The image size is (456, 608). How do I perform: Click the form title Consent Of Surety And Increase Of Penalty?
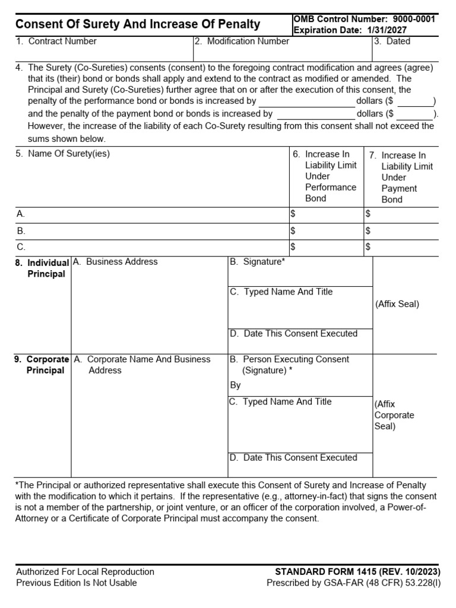click(x=137, y=24)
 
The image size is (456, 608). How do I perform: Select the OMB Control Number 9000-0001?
click(x=364, y=19)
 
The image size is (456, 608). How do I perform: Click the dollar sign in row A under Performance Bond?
click(x=292, y=213)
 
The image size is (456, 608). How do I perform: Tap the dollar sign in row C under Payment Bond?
click(x=368, y=246)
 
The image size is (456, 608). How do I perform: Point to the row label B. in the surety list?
click(x=21, y=230)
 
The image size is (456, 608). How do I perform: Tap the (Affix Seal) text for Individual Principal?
click(x=397, y=304)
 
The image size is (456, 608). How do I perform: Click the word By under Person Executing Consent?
click(x=236, y=385)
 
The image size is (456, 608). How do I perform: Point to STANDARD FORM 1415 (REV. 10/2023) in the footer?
click(x=357, y=572)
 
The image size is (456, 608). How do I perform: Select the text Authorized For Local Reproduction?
click(x=85, y=572)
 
